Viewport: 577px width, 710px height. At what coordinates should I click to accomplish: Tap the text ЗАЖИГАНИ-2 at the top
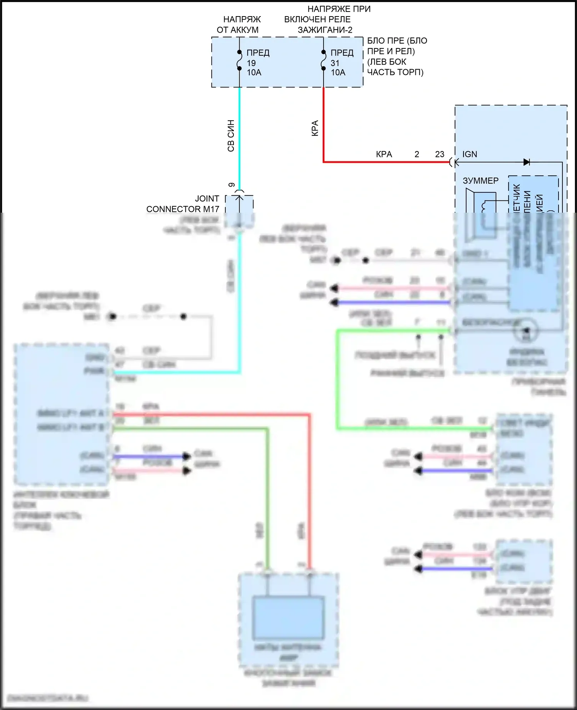(325, 30)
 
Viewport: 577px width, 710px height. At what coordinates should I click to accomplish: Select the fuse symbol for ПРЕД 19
(239, 60)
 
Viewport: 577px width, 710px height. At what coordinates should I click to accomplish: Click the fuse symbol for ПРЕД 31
(324, 60)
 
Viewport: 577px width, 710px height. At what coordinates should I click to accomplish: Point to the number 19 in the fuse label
(251, 63)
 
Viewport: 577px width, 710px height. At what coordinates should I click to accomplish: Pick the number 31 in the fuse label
(335, 63)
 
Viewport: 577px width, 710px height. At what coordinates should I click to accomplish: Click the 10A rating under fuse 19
(254, 72)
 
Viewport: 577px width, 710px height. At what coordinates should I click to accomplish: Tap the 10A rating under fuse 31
(338, 72)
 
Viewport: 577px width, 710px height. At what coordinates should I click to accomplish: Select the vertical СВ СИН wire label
(231, 136)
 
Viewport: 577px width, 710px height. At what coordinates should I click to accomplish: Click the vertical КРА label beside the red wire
(315, 128)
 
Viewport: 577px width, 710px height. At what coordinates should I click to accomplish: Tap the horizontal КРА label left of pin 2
(384, 154)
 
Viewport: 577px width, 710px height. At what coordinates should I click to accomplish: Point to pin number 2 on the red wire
(417, 154)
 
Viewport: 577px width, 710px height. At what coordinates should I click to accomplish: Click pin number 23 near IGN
(440, 154)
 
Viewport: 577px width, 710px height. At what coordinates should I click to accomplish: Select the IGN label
(470, 154)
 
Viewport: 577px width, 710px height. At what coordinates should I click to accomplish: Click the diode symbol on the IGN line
(527, 162)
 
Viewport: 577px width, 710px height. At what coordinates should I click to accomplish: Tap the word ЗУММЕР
(480, 180)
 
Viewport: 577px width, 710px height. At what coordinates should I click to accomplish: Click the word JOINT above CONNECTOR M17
(207, 198)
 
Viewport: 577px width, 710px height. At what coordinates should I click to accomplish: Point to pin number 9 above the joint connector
(232, 185)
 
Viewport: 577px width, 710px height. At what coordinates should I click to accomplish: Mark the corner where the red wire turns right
(324, 162)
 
